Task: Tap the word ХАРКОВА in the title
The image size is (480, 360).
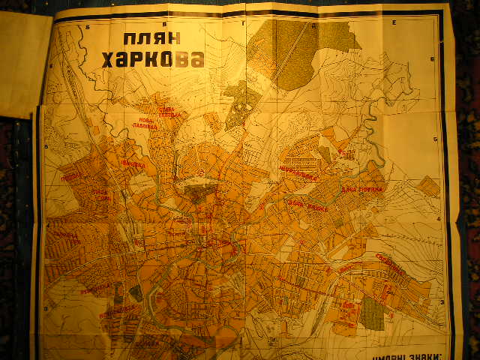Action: coord(153,60)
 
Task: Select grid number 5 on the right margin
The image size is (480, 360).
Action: coord(436,140)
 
